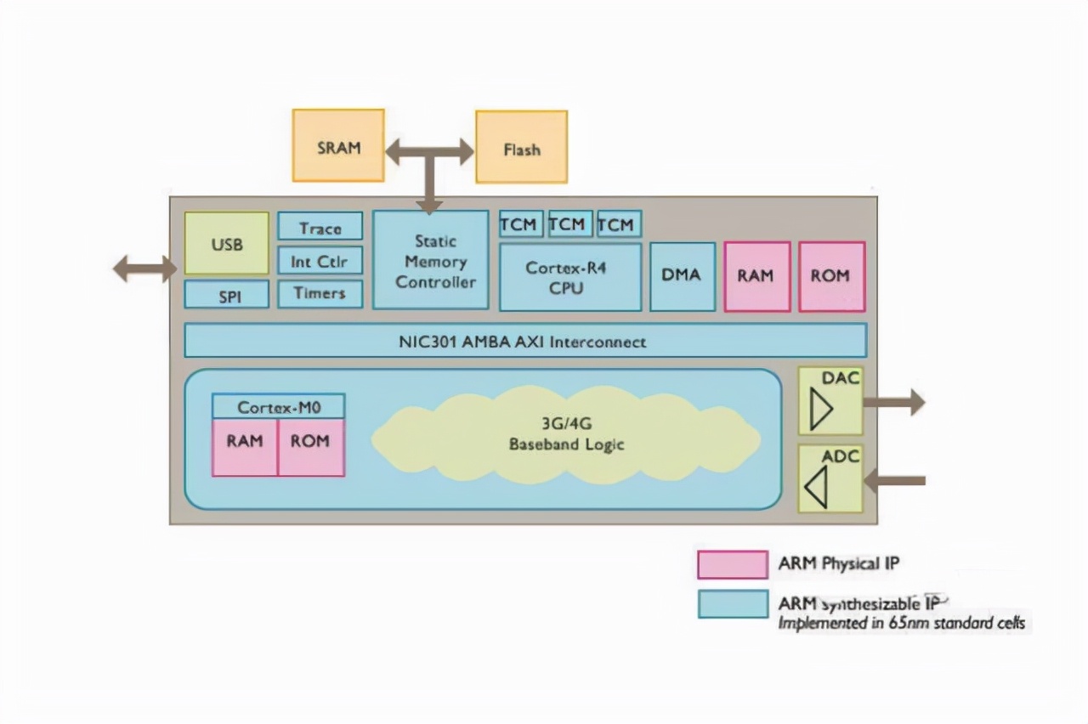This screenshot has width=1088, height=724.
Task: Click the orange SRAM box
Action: (338, 145)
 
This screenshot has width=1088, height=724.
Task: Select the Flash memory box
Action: (521, 147)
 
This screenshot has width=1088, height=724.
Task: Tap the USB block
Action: (227, 244)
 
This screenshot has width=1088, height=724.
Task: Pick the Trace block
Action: (320, 227)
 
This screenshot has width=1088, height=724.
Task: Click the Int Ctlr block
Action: (320, 261)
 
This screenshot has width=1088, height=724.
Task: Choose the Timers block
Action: (320, 294)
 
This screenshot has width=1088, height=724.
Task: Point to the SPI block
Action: (227, 295)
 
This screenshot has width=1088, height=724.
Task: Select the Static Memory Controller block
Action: (431, 260)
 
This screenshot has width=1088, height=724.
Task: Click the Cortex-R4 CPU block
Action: (570, 277)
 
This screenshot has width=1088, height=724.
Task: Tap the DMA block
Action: (682, 276)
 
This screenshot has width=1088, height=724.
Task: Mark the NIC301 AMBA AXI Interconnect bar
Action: (525, 341)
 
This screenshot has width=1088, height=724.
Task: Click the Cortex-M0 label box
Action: (279, 406)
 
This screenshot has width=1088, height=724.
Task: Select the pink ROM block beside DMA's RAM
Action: (832, 276)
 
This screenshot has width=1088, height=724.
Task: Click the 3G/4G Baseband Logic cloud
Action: (566, 435)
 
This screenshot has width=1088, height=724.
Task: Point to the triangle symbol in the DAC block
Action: (820, 411)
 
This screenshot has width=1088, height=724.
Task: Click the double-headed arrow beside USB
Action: (144, 269)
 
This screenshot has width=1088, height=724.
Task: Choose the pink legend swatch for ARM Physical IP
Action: (733, 564)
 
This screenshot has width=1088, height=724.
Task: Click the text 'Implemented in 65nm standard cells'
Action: (902, 623)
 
